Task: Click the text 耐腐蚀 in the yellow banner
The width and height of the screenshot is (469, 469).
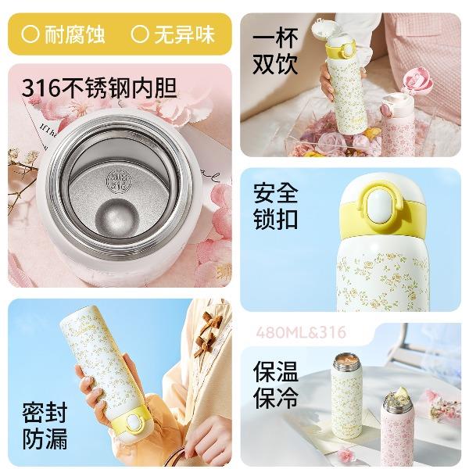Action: click(75, 34)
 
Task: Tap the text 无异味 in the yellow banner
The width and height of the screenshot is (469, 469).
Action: click(184, 34)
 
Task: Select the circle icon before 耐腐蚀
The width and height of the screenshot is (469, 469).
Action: click(30, 34)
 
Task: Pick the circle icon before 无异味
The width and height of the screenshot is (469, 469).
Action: click(140, 34)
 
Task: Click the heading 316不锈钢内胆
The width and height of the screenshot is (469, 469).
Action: click(99, 88)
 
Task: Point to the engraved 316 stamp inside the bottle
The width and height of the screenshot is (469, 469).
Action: click(119, 181)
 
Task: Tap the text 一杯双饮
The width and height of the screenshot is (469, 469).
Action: click(275, 51)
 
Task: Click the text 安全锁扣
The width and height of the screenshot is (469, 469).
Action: click(275, 206)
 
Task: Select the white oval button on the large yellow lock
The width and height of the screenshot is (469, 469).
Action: click(380, 206)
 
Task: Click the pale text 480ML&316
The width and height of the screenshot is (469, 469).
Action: click(301, 333)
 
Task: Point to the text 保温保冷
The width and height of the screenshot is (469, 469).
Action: click(275, 385)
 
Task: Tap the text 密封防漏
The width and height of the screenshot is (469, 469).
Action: click(45, 426)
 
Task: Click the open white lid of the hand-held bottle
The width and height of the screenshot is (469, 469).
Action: click(325, 30)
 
